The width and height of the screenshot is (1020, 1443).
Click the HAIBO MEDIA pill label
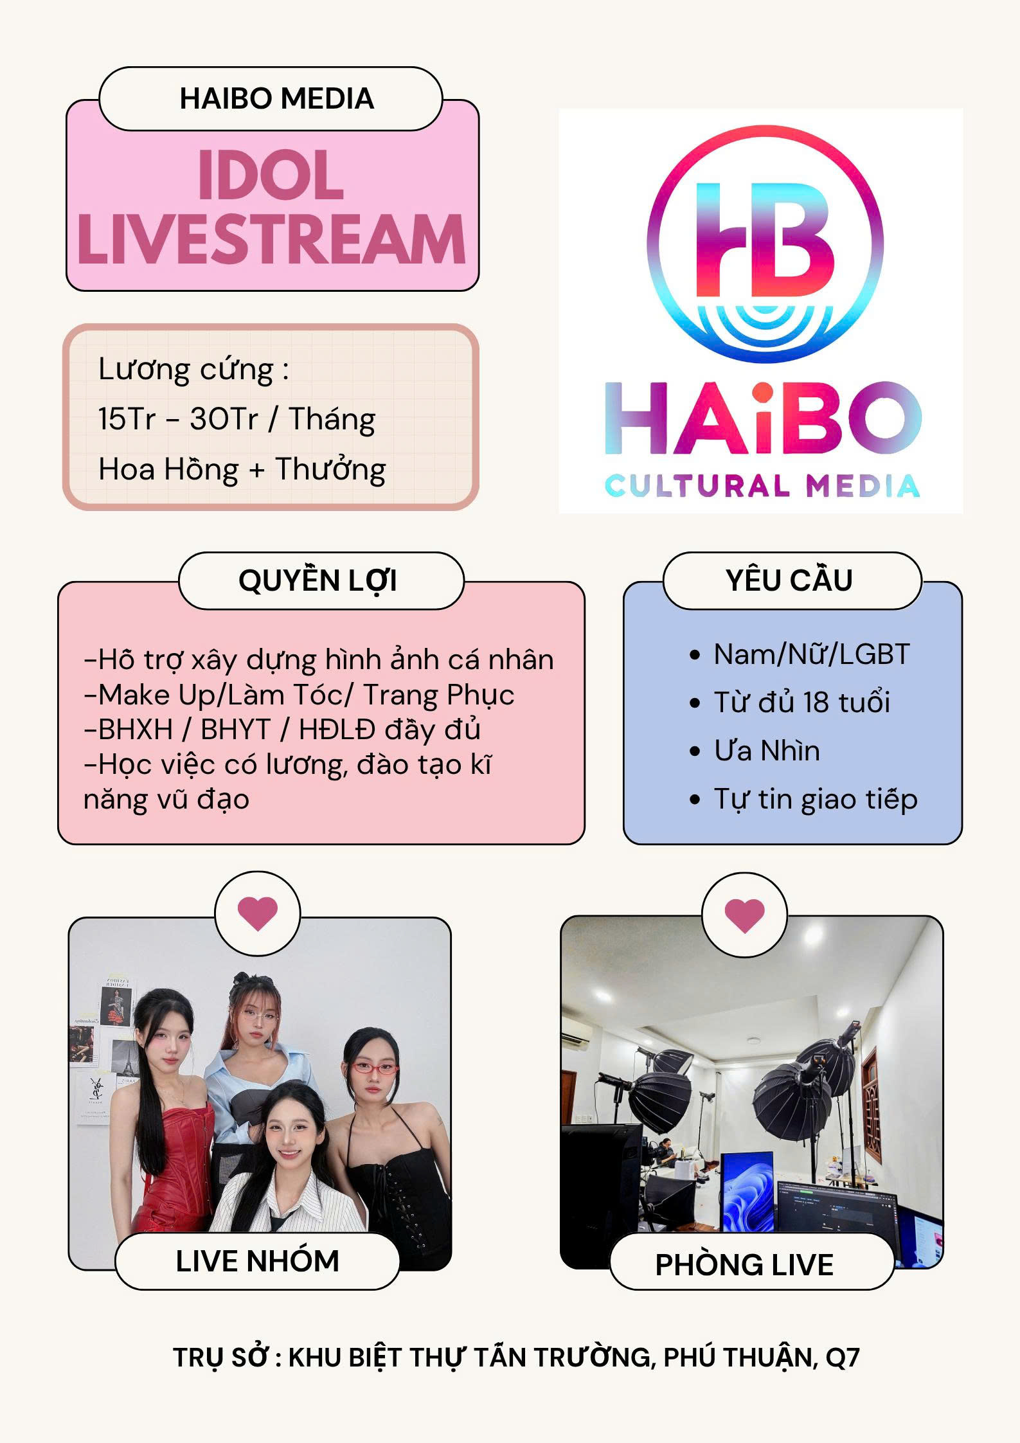point(271,99)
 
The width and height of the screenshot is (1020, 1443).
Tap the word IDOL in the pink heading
point(271,175)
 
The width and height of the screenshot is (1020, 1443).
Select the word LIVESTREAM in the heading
point(271,239)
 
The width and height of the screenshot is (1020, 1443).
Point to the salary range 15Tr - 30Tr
point(178,419)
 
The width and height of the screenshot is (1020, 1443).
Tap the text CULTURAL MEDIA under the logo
point(762,486)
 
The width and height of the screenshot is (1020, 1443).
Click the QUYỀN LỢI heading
point(318,581)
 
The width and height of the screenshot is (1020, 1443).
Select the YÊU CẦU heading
point(789,580)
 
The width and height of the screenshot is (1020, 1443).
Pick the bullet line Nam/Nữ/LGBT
point(811,654)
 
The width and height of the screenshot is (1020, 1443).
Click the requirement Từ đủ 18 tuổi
point(801,703)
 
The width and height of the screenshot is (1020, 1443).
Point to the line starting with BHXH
point(283,730)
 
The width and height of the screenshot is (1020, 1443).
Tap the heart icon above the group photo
point(258,913)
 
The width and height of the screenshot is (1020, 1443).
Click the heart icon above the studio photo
point(745,915)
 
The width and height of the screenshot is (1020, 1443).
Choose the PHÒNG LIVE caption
point(745,1265)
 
